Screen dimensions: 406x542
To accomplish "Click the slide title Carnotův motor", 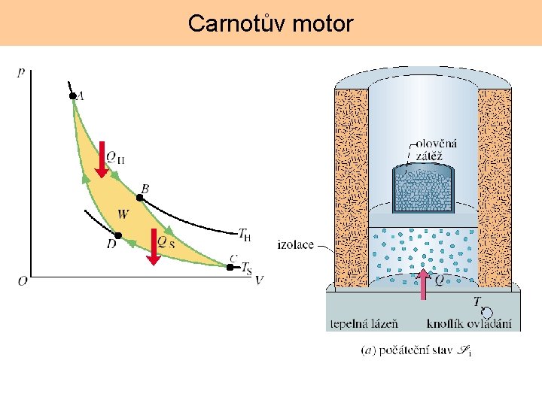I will click(270, 23).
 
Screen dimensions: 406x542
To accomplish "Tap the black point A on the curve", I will click(72, 95).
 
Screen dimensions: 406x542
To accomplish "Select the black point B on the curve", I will click(139, 198).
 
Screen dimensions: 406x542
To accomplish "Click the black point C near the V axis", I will click(230, 266).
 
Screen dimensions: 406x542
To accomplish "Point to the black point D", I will click(117, 235).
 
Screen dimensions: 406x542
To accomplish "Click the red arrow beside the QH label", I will click(101, 159).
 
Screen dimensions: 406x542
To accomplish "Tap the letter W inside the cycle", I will click(123, 215).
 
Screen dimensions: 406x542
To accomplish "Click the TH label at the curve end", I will click(244, 234).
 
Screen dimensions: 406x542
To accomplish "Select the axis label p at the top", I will click(20, 72).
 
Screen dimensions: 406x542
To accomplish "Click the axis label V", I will click(259, 280).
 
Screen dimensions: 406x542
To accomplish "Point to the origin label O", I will click(23, 281).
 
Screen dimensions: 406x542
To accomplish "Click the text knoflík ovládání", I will click(469, 324).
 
